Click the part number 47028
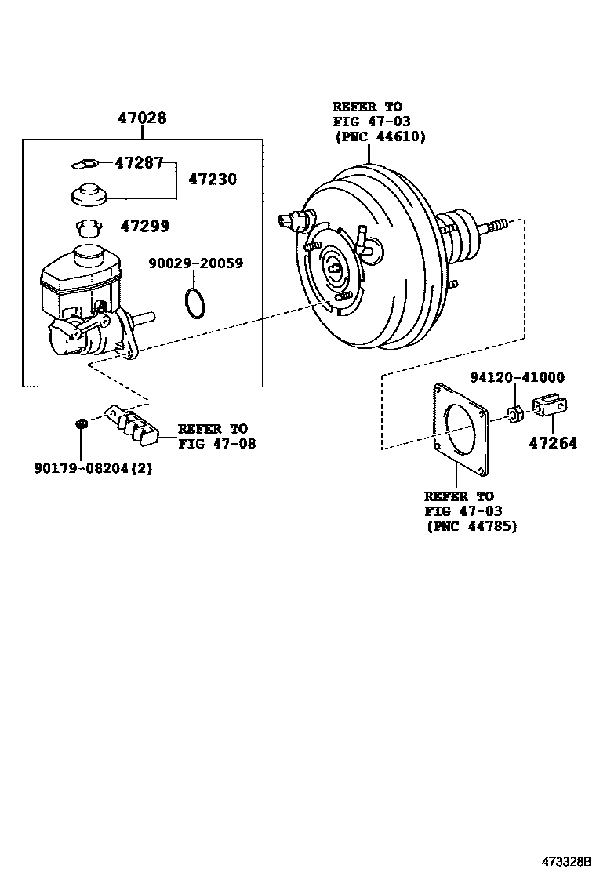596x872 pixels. pos(142,118)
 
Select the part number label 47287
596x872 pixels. pos(138,163)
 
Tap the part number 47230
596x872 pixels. pos(212,179)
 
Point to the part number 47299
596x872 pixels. pos(144,226)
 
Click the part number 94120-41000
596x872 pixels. pos(517,377)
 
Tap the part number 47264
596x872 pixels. pos(552,443)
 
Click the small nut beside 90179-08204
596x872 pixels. pos(80,424)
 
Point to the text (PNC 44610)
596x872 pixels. pos(380,136)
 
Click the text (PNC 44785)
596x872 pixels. pos(471,526)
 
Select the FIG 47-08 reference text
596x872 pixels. pos(216,443)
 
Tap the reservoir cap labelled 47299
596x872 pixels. pos(90,228)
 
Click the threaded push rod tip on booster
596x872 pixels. pos(496,227)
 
